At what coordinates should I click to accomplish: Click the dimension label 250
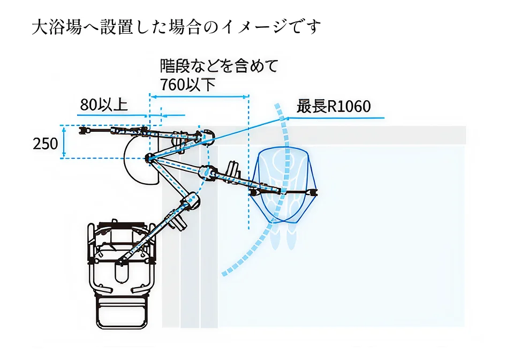(45, 144)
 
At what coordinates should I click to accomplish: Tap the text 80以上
(104, 105)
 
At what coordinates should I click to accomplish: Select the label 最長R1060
(334, 107)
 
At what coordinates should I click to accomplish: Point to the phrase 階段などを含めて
(220, 66)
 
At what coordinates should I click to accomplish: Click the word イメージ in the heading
(258, 27)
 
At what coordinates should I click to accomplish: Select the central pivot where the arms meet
(150, 157)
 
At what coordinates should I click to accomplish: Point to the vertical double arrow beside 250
(64, 142)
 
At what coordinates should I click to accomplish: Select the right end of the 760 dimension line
(248, 97)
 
